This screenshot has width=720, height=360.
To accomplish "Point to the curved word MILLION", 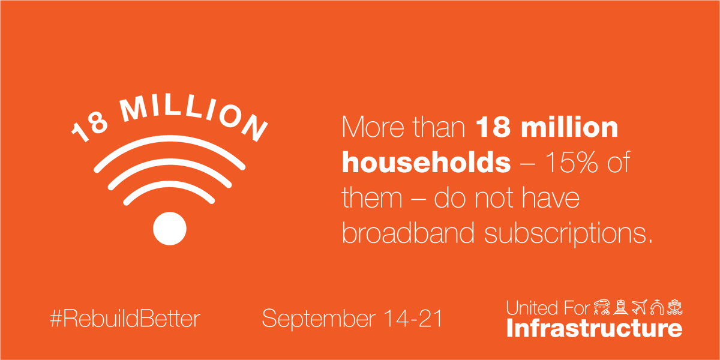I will tap(192, 111).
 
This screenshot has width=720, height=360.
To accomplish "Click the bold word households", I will tap(426, 163).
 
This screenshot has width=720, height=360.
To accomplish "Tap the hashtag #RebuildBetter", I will tap(124, 319).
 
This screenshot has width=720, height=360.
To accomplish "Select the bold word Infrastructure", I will tap(594, 328).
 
